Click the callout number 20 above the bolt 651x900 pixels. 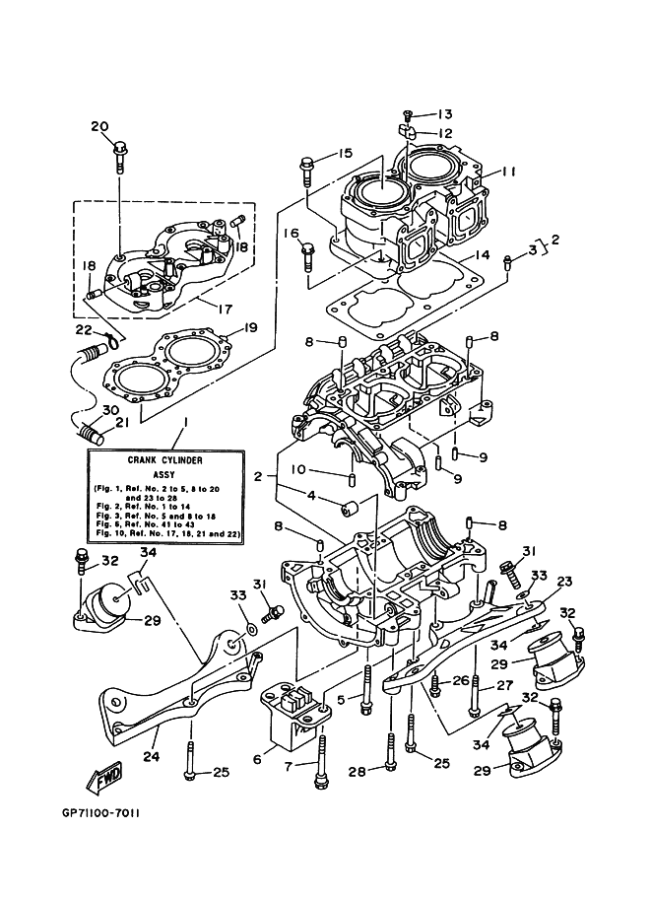[99, 125]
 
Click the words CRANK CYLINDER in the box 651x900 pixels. [164, 459]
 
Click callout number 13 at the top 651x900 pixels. [445, 113]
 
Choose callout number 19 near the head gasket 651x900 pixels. [250, 327]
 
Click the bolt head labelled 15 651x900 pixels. [306, 163]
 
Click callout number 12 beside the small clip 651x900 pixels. [445, 133]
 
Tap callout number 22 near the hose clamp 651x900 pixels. [84, 329]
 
